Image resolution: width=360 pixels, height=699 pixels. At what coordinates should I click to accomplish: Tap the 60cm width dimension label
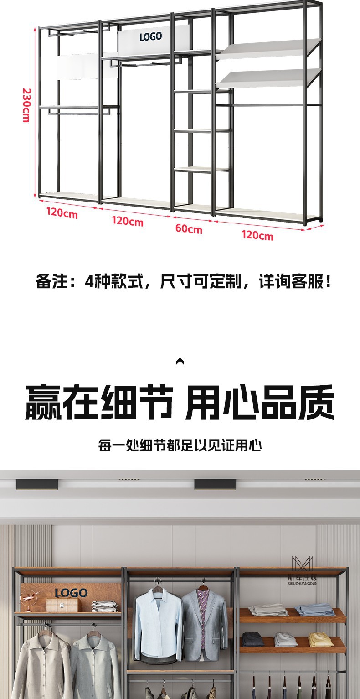pos(189,228)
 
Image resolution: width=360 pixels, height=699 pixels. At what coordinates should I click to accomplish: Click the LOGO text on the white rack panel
pos(151,36)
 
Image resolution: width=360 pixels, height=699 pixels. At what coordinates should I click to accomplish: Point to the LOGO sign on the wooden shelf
pos(71,593)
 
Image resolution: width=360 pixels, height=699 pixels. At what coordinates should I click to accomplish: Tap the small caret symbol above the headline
pos(180,362)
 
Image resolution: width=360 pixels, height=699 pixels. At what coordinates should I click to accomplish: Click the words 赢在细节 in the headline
pos(98,403)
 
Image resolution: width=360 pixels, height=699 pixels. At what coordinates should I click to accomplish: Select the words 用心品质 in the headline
pos(260,403)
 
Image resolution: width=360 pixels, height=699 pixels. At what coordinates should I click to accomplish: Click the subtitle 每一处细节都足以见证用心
pos(180,445)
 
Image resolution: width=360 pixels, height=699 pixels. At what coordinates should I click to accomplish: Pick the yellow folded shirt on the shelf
pos(321,640)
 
